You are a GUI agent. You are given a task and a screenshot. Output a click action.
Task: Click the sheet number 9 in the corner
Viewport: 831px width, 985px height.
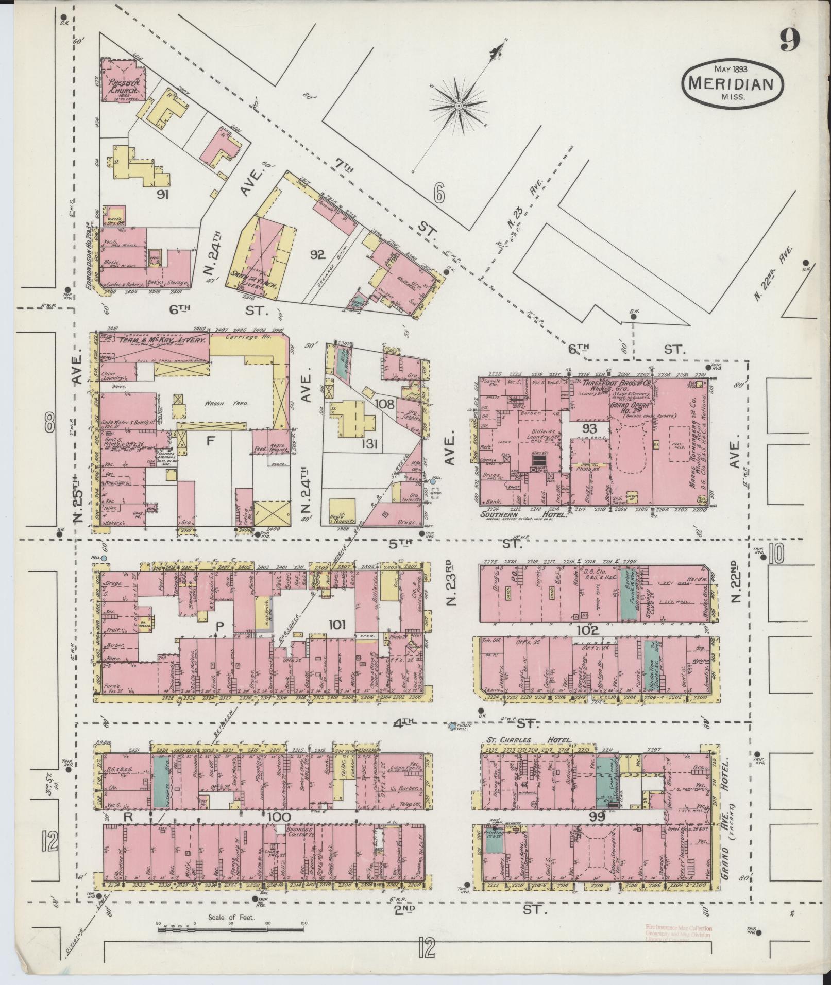pos(789,40)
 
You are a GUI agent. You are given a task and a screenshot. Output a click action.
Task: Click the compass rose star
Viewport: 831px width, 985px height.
pos(457,107)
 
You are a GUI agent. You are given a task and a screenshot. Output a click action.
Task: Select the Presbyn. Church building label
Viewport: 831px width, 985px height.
pos(120,85)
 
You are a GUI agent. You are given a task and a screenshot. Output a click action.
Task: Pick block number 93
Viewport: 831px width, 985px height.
pos(589,428)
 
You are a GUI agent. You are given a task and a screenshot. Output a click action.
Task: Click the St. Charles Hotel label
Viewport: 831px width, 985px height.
pos(529,740)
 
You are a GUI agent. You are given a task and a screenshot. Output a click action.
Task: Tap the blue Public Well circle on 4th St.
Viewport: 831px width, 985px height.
pos(452,727)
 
